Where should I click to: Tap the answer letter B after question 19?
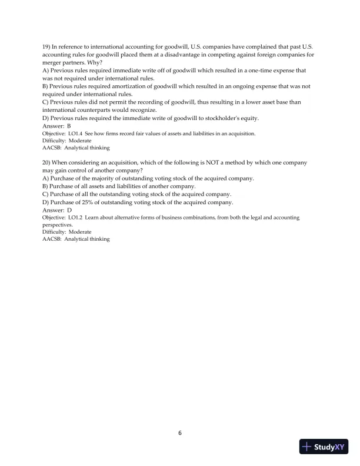click(x=69, y=126)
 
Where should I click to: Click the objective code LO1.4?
click(x=77, y=134)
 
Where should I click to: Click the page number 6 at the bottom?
click(x=180, y=434)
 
